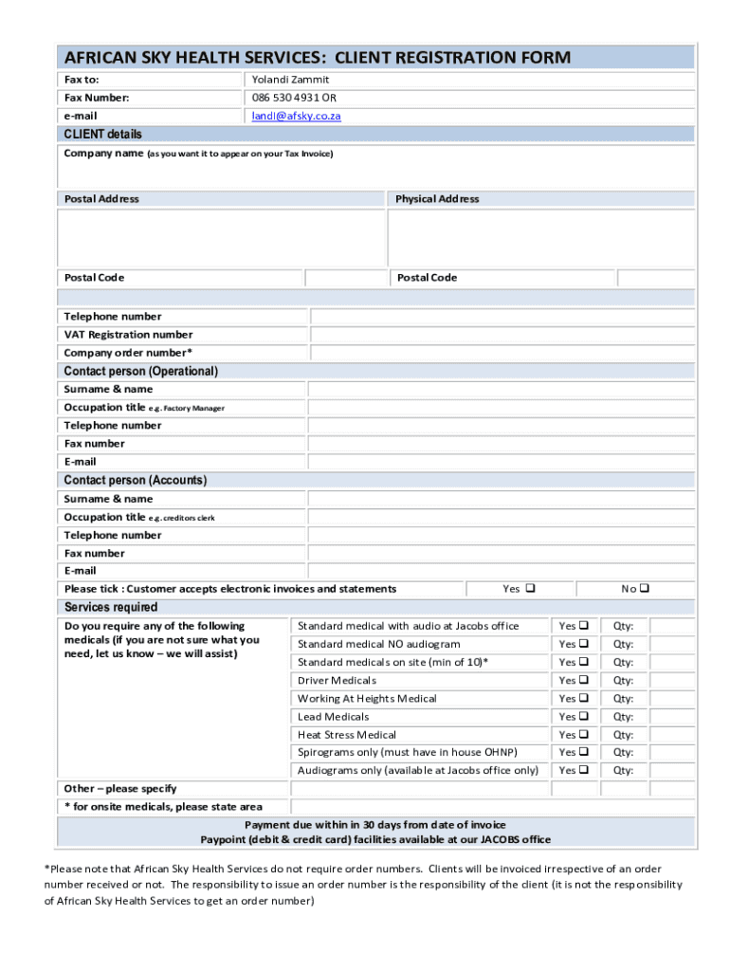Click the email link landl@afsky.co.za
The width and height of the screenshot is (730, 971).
tap(296, 116)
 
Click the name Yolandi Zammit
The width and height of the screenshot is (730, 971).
tap(290, 80)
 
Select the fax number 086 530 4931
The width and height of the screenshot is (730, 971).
tap(285, 98)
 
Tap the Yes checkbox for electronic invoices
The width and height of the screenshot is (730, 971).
tap(530, 589)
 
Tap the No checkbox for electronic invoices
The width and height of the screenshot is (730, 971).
tap(645, 589)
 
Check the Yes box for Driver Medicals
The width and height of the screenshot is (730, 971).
tap(583, 681)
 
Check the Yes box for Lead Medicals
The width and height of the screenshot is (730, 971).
tap(583, 717)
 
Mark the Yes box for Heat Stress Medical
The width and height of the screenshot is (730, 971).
tap(583, 735)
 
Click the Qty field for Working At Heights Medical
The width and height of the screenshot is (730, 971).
tap(672, 699)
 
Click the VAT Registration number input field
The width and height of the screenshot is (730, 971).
tap(502, 335)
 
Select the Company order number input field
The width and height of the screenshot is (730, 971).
tap(502, 353)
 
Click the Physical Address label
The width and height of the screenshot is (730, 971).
tap(437, 199)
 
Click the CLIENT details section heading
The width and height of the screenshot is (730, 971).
tap(102, 134)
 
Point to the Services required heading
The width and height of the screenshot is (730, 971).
tap(110, 607)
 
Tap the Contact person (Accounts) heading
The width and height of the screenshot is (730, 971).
tap(135, 481)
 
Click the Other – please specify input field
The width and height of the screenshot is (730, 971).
tap(492, 789)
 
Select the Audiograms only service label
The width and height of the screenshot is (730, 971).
tap(417, 771)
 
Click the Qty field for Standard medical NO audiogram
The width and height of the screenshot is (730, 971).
tap(672, 645)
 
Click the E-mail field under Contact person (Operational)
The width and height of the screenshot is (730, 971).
tap(502, 462)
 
